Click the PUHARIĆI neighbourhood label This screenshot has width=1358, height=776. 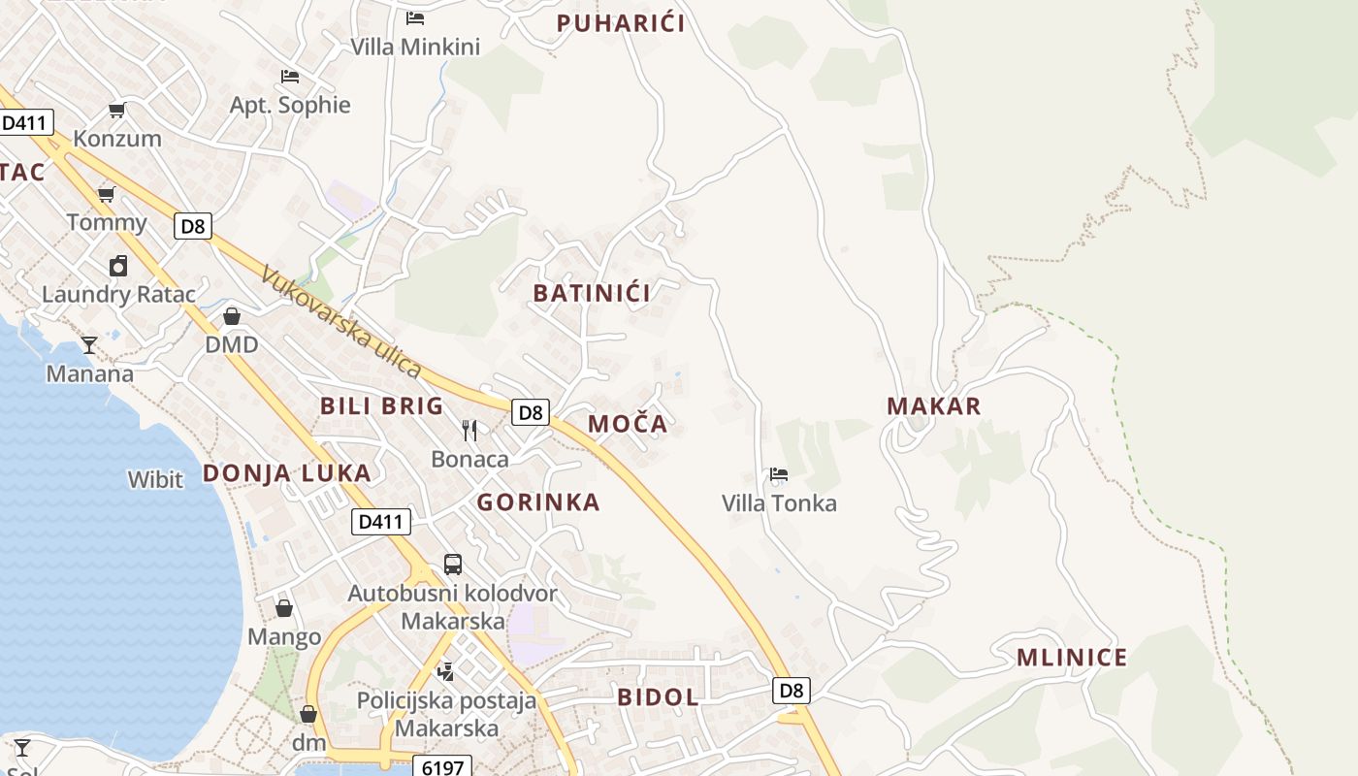pyautogui.click(x=621, y=23)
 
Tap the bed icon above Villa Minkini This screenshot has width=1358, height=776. pyautogui.click(x=415, y=17)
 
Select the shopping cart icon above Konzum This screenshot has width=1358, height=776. pyautogui.click(x=117, y=110)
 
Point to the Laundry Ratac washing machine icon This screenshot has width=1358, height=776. pyautogui.click(x=118, y=266)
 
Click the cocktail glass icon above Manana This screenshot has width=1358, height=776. pyautogui.click(x=89, y=344)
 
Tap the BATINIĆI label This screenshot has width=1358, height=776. pyautogui.click(x=592, y=292)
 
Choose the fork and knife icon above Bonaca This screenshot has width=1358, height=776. pyautogui.click(x=469, y=430)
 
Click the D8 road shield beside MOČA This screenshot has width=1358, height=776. pyautogui.click(x=530, y=412)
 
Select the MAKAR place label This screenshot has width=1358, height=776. pyautogui.click(x=934, y=406)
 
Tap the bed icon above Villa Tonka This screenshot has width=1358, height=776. pyautogui.click(x=778, y=474)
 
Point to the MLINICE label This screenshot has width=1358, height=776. pyautogui.click(x=1072, y=658)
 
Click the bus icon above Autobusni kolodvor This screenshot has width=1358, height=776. pyautogui.click(x=453, y=564)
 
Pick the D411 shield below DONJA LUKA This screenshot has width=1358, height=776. pyautogui.click(x=380, y=522)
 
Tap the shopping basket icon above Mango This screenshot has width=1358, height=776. pyautogui.click(x=284, y=608)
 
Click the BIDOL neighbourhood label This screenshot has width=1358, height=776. pyautogui.click(x=658, y=697)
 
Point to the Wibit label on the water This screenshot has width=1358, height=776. pyautogui.click(x=155, y=479)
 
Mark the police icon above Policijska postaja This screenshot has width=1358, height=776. pyautogui.click(x=445, y=670)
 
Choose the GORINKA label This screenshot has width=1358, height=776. pyautogui.click(x=538, y=502)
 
